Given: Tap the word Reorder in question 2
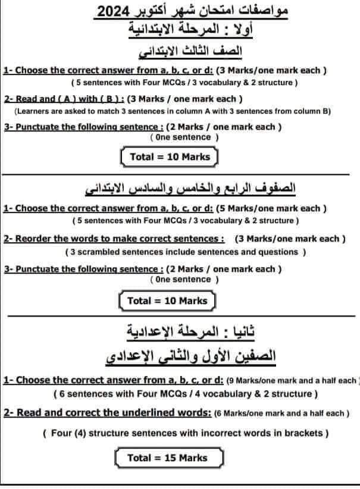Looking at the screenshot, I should tap(33, 239).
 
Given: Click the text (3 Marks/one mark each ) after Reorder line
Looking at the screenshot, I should tap(290, 239).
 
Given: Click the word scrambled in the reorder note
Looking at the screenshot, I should tap(101, 252).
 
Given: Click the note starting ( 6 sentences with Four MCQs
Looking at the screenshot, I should tap(184, 394).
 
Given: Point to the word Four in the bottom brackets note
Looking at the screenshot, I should tap(61, 433).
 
